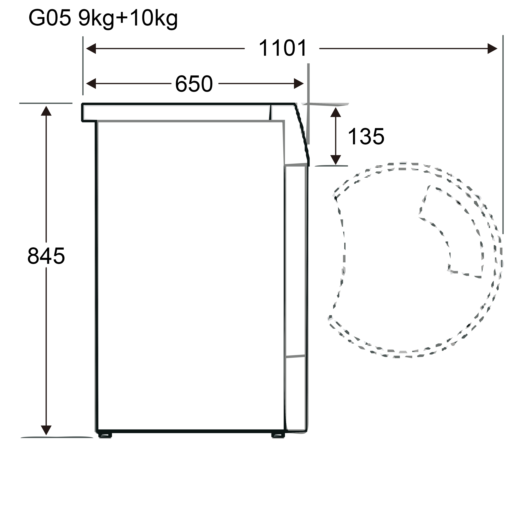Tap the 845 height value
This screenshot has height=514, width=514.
[46, 256]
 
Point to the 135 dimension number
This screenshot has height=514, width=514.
[366, 137]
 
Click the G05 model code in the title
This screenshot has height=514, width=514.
[50, 18]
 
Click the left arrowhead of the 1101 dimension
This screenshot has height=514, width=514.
[91, 49]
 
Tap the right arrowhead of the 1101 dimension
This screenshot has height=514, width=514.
[492, 49]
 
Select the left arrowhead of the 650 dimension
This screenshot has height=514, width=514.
[91, 83]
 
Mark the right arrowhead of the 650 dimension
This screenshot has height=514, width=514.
[299, 83]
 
